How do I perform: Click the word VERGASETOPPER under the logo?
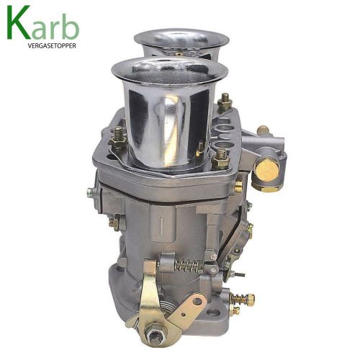coord(52,46)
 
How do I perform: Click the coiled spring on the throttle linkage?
coord(189,266)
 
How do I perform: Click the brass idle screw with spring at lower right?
coord(243,299)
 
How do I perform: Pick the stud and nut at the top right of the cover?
coord(225,101)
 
